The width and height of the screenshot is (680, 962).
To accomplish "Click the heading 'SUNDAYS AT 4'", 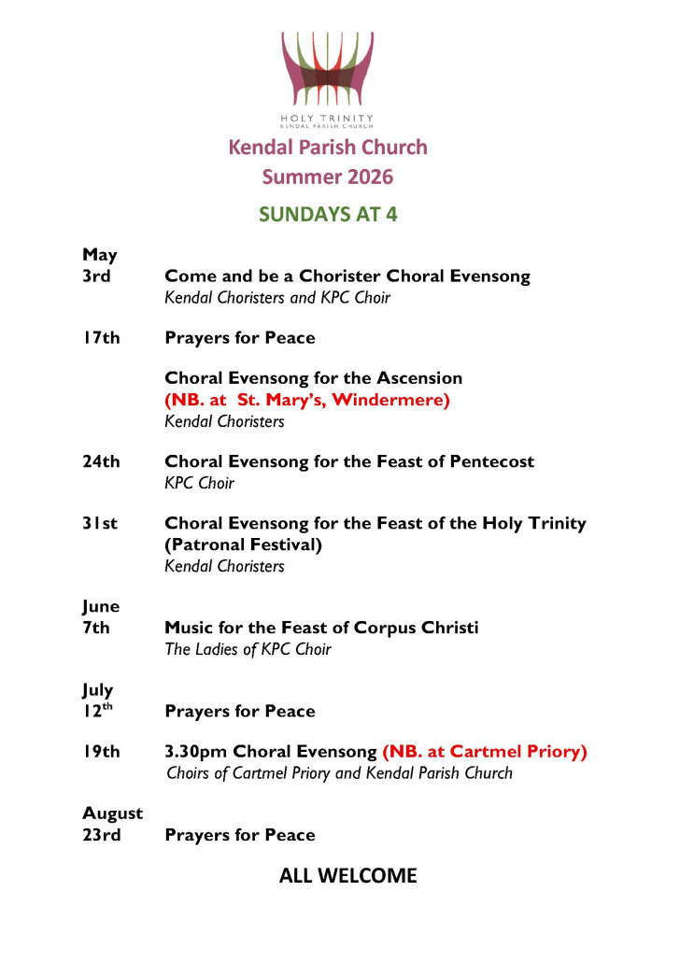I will click(x=328, y=214).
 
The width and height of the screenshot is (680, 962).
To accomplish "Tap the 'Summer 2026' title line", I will click(x=328, y=177).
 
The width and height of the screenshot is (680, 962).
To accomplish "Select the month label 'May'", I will click(x=100, y=254).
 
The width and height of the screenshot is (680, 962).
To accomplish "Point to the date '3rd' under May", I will click(x=97, y=276).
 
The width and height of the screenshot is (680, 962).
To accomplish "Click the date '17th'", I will click(x=101, y=337).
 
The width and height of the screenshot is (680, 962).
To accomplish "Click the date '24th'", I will click(x=101, y=461).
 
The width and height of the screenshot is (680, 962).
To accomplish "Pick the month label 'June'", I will click(x=101, y=606).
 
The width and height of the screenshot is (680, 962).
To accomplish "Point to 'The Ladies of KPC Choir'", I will click(x=248, y=649).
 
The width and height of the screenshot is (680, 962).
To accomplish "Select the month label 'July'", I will click(x=98, y=690).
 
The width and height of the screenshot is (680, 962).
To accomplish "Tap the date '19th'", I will click(x=101, y=751).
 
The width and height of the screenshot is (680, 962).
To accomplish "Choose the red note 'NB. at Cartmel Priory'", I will click(x=485, y=751).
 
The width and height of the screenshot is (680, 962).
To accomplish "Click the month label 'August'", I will click(x=112, y=813).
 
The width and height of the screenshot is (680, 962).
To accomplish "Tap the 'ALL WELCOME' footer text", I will click(x=347, y=876).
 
